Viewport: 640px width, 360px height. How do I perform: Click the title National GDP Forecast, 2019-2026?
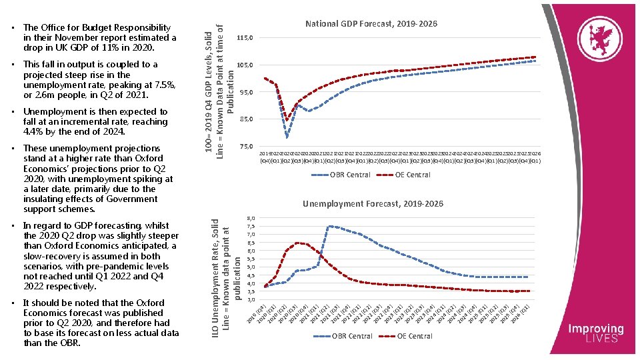[371, 24]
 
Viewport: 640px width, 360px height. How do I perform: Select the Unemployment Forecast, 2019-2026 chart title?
[373, 203]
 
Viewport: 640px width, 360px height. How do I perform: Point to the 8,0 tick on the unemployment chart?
[250, 218]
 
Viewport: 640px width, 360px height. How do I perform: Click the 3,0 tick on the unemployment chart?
[250, 300]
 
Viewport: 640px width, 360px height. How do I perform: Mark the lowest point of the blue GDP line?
[287, 137]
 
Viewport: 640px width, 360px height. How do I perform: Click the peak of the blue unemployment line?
[329, 226]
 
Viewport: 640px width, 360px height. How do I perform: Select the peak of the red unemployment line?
[298, 243]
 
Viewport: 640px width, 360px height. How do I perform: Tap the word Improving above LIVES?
[596, 329]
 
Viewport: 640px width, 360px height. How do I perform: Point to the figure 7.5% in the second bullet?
[162, 85]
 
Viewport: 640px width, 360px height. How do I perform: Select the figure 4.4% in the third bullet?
[35, 132]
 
